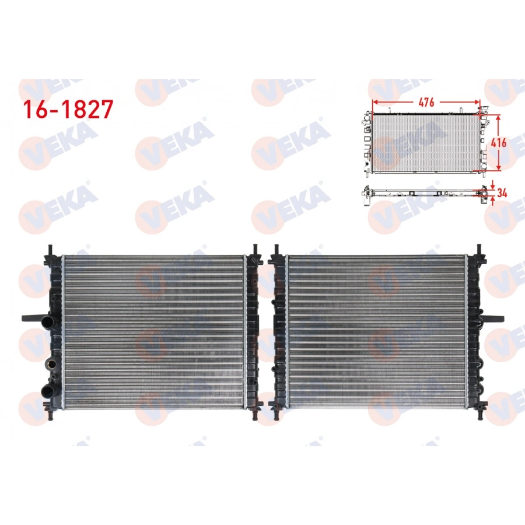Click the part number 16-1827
point(66,109)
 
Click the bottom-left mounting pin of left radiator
point(50,415)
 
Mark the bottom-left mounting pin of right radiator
point(275,415)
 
